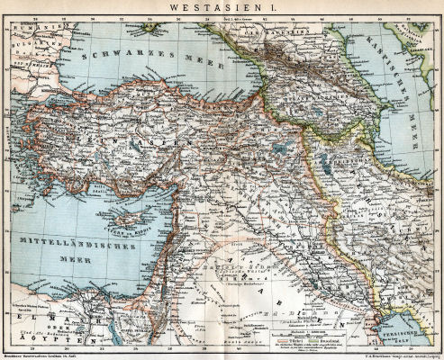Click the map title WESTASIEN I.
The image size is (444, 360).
tap(222, 8)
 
